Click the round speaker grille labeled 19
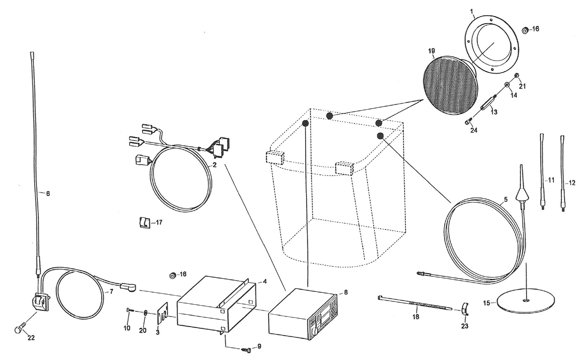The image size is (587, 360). (x=450, y=86)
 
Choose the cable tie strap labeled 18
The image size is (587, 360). (x=416, y=303)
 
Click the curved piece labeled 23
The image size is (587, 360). (x=466, y=309)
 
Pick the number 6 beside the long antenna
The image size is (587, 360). (x=48, y=193)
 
